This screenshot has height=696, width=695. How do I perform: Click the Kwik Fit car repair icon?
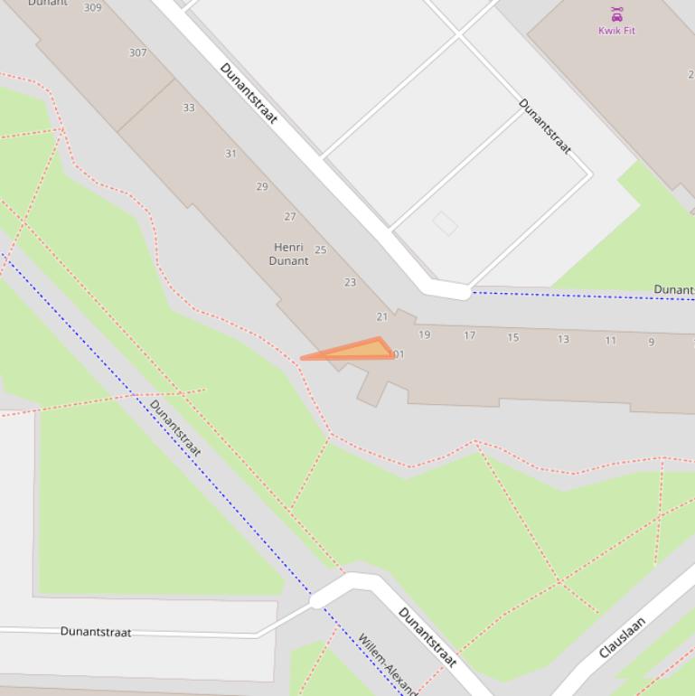pos(616,14)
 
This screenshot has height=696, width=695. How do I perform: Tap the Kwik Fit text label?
pos(616,31)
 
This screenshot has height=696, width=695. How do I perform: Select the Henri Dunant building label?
pos(288,254)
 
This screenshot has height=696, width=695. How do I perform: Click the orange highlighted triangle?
pos(362,351)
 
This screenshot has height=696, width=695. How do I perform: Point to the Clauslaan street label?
pos(622,637)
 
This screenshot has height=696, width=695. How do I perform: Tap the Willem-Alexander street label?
pos(387,663)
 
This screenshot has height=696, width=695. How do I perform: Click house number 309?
pos(92,7)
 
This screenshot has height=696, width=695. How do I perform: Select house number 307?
pos(137,52)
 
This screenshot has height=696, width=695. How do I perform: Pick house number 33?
pos(189,108)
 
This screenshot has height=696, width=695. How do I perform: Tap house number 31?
pos(230,154)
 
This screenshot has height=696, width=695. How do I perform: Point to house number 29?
pos(262,187)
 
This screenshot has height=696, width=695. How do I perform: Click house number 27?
pos(290,217)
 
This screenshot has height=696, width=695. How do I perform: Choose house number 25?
pos(321,250)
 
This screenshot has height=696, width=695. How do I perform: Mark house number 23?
pos(350,283)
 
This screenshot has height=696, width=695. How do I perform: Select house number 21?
pos(381,316)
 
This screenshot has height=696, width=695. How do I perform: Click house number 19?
pos(424,334)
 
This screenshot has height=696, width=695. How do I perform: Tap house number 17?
pos(469,335)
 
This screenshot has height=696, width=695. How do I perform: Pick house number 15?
pos(512,337)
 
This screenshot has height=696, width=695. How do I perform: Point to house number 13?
pos(563,339)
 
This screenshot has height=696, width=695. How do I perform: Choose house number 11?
pos(610,341)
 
